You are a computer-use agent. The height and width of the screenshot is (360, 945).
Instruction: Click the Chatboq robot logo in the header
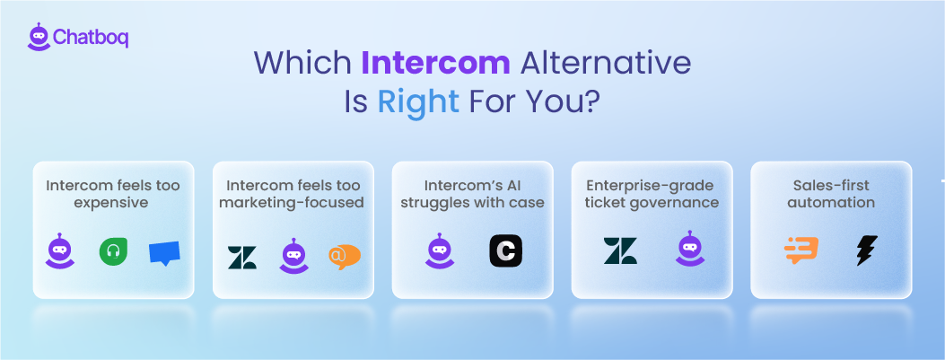point(38,37)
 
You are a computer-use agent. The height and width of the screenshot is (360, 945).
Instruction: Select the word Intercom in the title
point(435,63)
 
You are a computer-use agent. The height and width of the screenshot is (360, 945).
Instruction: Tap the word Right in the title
point(417,101)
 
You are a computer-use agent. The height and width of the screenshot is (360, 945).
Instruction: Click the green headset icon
point(113,252)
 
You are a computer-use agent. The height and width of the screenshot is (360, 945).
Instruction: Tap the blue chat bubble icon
point(164,253)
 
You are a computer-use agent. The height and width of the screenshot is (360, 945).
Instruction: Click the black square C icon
point(505,251)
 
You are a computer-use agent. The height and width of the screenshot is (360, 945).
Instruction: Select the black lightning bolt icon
point(866,251)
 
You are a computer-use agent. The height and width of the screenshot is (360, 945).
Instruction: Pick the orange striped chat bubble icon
point(801,251)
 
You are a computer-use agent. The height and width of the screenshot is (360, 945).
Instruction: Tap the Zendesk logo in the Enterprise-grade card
point(620,251)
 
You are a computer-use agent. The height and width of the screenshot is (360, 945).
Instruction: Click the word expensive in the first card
point(113,203)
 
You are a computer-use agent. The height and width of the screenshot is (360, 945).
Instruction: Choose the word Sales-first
point(831,186)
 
